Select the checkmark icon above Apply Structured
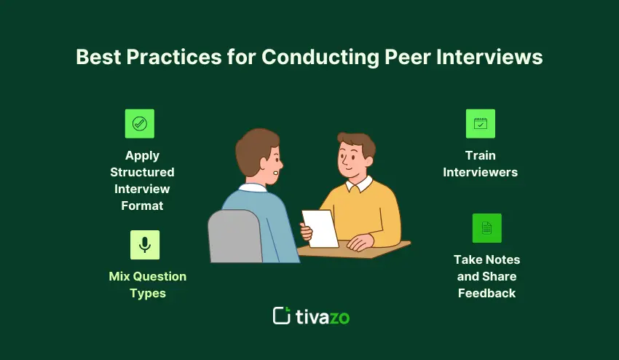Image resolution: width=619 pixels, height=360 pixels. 139,124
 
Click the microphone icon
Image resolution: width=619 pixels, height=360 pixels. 145,245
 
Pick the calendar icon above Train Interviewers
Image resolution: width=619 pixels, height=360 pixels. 480,124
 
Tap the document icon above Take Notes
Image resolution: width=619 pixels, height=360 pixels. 486,228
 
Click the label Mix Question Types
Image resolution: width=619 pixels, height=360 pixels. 148,285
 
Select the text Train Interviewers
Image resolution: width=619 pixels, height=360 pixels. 481,164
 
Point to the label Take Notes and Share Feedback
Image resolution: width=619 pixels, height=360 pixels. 486,276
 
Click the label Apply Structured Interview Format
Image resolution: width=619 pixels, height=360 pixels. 142,180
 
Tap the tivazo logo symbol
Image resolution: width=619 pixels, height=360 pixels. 282,316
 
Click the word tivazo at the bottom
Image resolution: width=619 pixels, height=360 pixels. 323,316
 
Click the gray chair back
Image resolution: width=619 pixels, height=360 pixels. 234,237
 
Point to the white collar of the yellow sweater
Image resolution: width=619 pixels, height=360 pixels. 360,185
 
